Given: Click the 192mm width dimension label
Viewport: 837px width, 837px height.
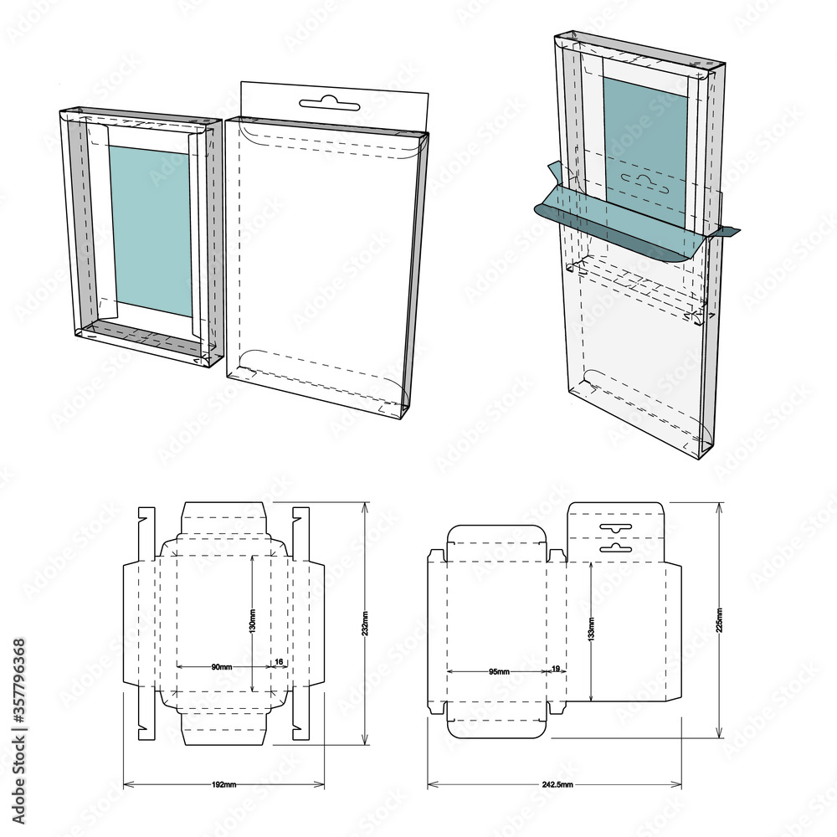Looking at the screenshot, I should point(224,784).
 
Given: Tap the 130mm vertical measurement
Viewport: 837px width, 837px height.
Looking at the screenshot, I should point(253,620).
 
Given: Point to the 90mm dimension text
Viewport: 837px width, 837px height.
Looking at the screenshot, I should point(222,666).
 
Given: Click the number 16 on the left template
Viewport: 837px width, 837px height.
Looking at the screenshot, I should point(279,662).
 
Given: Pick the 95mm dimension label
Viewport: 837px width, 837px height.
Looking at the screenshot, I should point(500,671).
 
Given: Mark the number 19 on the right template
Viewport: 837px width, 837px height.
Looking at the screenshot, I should point(556,669).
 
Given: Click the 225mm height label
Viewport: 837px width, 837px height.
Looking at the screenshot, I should point(719,620).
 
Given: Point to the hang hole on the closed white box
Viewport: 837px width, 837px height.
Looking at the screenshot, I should point(329,104).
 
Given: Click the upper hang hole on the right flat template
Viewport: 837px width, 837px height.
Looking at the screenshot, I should point(615,527).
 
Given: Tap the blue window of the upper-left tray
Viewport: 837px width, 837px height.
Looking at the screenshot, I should point(151,230).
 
